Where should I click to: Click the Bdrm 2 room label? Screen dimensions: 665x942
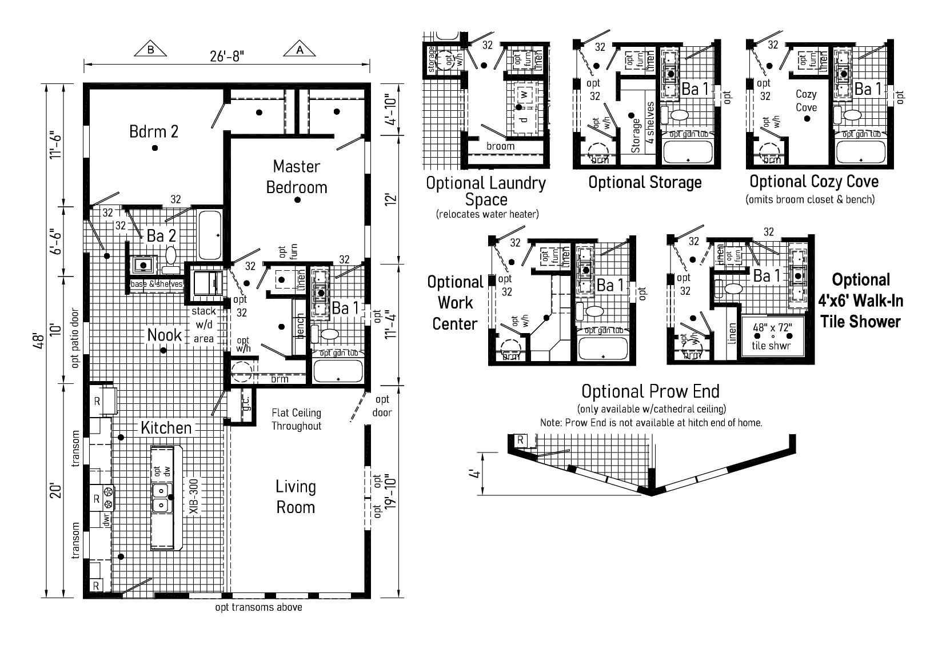[154, 131]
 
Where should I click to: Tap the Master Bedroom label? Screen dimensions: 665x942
[296, 177]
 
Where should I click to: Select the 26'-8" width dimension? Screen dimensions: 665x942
[227, 57]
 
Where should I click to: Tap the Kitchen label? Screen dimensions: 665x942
[166, 428]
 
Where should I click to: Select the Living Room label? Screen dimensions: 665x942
[296, 496]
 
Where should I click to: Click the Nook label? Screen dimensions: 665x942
[165, 335]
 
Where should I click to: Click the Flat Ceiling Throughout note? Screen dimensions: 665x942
[296, 419]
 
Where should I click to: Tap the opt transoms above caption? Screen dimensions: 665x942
[258, 607]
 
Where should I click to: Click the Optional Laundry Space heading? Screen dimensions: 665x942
[486, 191]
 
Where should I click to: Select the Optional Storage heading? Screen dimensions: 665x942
[645, 183]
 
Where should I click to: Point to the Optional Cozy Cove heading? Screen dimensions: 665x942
[814, 182]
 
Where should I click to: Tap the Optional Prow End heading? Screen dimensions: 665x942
[650, 391]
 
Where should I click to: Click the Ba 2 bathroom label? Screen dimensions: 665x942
[161, 235]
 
